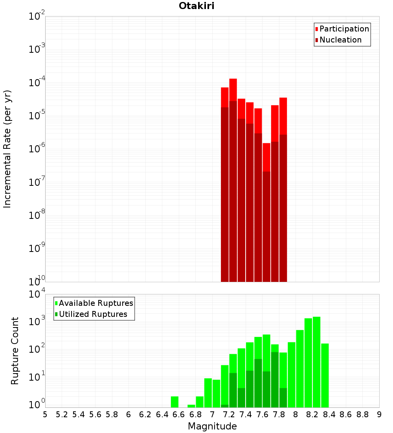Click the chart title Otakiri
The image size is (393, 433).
[x=196, y=6]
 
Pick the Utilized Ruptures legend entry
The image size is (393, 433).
[x=93, y=314]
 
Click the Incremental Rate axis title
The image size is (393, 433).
[x=7, y=149]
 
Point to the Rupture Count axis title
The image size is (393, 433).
[x=15, y=350]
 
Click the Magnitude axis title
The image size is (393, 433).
[x=212, y=426]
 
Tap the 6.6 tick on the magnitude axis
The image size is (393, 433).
[x=179, y=414]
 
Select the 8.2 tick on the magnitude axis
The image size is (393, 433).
[x=312, y=414]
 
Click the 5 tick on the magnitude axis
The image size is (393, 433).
[x=45, y=414]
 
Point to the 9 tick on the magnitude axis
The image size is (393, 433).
[x=379, y=414]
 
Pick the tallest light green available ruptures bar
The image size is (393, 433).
[x=316, y=362]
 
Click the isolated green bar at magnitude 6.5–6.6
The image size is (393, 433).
[x=174, y=402]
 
